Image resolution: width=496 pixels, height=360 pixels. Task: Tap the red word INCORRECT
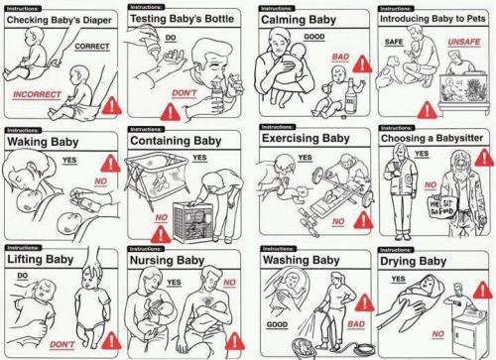pyautogui.click(x=37, y=94)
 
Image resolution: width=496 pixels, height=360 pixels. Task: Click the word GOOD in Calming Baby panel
pyautogui.click(x=315, y=37)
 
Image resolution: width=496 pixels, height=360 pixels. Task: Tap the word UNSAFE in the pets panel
pyautogui.click(x=463, y=42)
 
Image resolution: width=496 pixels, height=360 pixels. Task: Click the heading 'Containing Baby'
pyautogui.click(x=176, y=141)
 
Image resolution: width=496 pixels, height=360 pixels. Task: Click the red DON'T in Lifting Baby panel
pyautogui.click(x=62, y=343)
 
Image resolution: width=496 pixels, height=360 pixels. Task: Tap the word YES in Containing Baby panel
pyautogui.click(x=199, y=159)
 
